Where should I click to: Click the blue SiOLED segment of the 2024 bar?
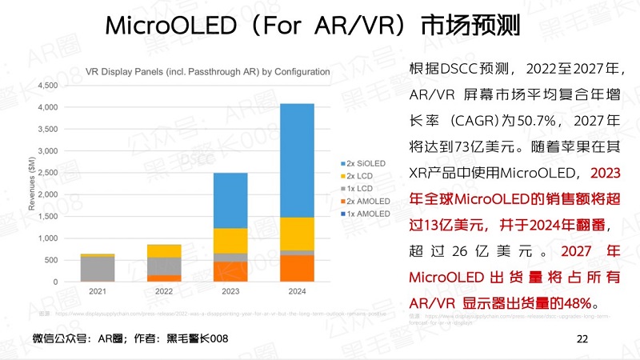pos(296,160)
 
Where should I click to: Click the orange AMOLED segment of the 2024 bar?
pos(296,269)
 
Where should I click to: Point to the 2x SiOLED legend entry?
pos(364,162)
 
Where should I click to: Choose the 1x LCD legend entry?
pos(364,188)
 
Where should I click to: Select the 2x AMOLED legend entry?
pos(366,201)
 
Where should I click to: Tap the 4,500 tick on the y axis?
pos(49,86)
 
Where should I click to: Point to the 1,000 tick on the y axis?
pos(49,238)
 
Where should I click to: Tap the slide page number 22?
pos(582,340)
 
